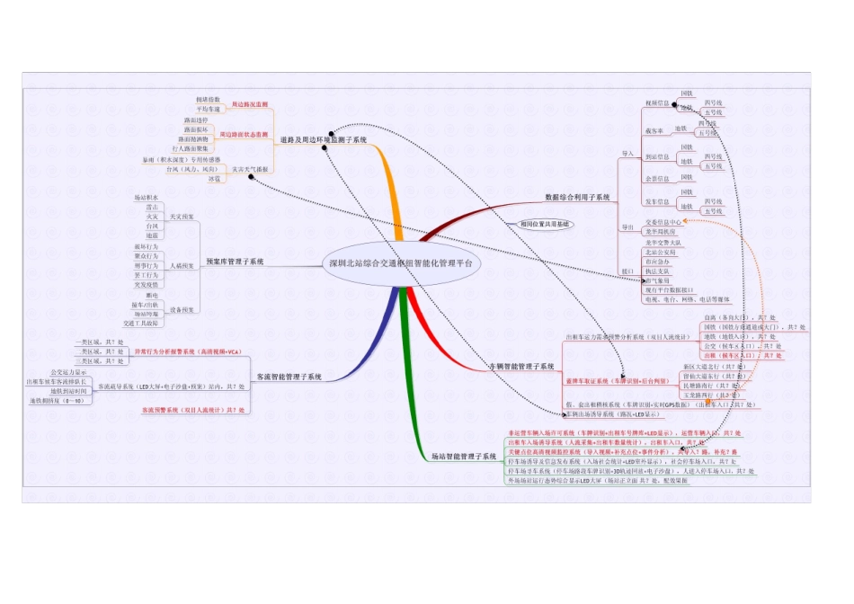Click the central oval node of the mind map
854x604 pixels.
point(400,264)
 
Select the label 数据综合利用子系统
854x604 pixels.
point(577,196)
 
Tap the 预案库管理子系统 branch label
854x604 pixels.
point(235,262)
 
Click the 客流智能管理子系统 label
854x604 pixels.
point(289,377)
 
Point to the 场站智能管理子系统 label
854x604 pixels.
point(463,457)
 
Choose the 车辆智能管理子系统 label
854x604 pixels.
point(522,367)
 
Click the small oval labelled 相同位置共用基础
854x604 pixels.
point(546,223)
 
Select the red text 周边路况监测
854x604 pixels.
point(250,105)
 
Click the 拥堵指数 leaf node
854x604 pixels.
point(208,98)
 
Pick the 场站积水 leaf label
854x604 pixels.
point(146,197)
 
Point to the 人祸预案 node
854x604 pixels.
point(182,266)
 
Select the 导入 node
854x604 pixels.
point(627,155)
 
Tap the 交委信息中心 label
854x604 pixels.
point(663,220)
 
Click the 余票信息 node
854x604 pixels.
point(657,179)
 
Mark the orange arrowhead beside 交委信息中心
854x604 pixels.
point(685,220)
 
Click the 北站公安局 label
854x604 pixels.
point(660,252)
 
